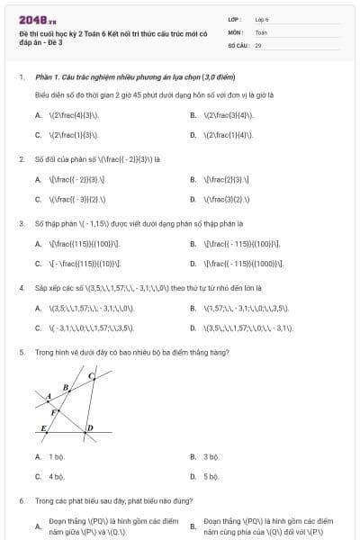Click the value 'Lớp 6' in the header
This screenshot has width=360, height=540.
262,19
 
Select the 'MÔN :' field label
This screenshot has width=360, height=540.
236,31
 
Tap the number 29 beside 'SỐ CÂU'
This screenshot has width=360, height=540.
258,44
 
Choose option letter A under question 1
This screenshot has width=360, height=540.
38,115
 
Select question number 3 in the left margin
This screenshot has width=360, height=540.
21,222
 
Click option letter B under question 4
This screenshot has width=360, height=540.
193,308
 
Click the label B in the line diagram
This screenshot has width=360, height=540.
65,388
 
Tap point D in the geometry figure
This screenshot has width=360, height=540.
90,427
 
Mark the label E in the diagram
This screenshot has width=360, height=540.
43,428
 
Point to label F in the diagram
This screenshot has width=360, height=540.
54,412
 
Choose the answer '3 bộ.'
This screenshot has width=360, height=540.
211,456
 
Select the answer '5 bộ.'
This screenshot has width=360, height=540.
211,476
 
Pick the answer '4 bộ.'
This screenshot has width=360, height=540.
56,476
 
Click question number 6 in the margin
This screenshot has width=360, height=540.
21,500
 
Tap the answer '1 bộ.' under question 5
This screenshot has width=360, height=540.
56,456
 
